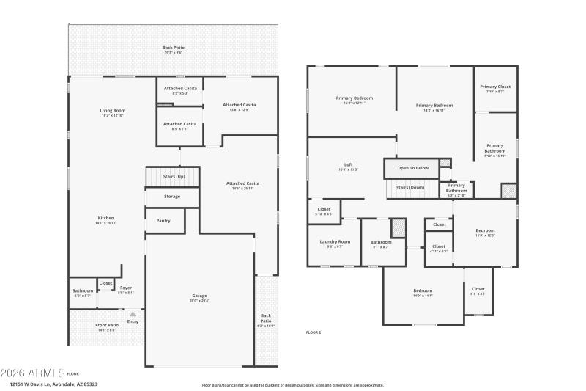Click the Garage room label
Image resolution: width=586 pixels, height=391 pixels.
pyautogui.click(x=200, y=297)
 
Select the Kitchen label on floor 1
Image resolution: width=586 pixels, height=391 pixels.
pyautogui.click(x=106, y=219)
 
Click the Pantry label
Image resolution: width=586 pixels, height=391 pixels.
pyautogui.click(x=163, y=220)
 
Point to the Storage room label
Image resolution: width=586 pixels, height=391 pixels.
pyautogui.click(x=172, y=197)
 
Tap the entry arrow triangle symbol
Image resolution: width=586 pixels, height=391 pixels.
pyautogui.click(x=133, y=313)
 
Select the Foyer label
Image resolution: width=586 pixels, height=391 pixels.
pyautogui.click(x=126, y=289)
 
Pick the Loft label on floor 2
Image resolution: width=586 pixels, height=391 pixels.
pyautogui.click(x=349, y=166)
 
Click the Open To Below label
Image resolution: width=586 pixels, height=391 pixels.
pyautogui.click(x=412, y=168)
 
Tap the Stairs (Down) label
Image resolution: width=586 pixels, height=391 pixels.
pyautogui.click(x=412, y=187)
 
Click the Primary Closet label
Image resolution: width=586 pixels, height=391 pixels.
pyautogui.click(x=494, y=88)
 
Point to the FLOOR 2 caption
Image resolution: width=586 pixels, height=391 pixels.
pyautogui.click(x=314, y=332)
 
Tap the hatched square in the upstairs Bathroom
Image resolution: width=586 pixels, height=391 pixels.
pyautogui.click(x=398, y=227)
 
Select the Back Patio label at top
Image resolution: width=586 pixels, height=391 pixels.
pyautogui.click(x=173, y=49)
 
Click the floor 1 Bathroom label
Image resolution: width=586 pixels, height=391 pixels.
pyautogui.click(x=82, y=292)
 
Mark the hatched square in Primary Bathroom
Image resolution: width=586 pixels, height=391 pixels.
pyautogui.click(x=508, y=190)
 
